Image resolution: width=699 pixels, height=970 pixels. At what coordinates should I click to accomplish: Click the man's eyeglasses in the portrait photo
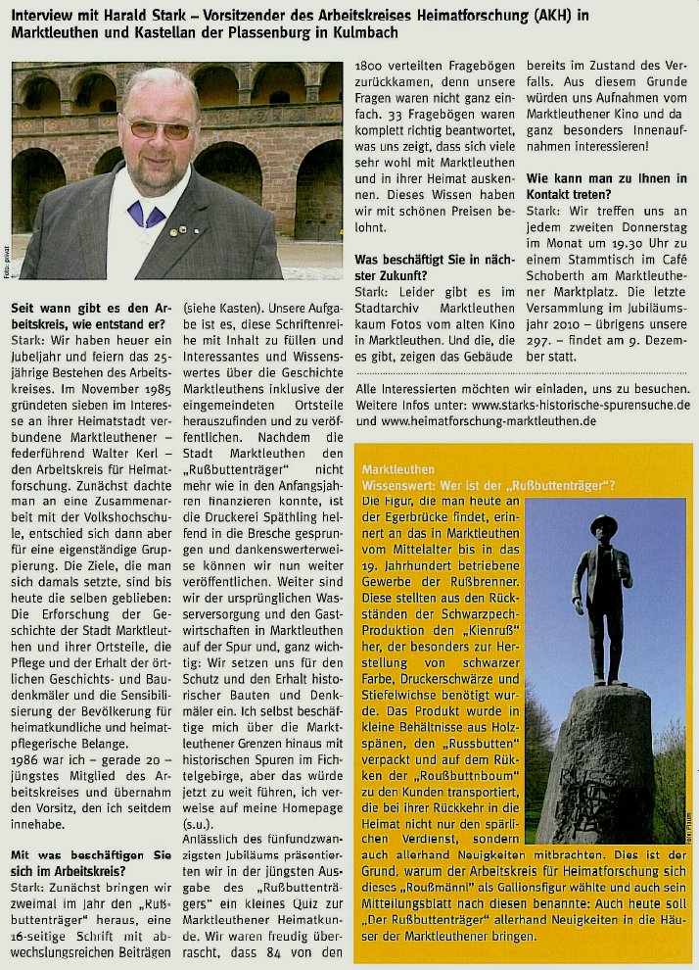(161, 127)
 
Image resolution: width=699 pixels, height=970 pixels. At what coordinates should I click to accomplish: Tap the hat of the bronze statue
(603, 524)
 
